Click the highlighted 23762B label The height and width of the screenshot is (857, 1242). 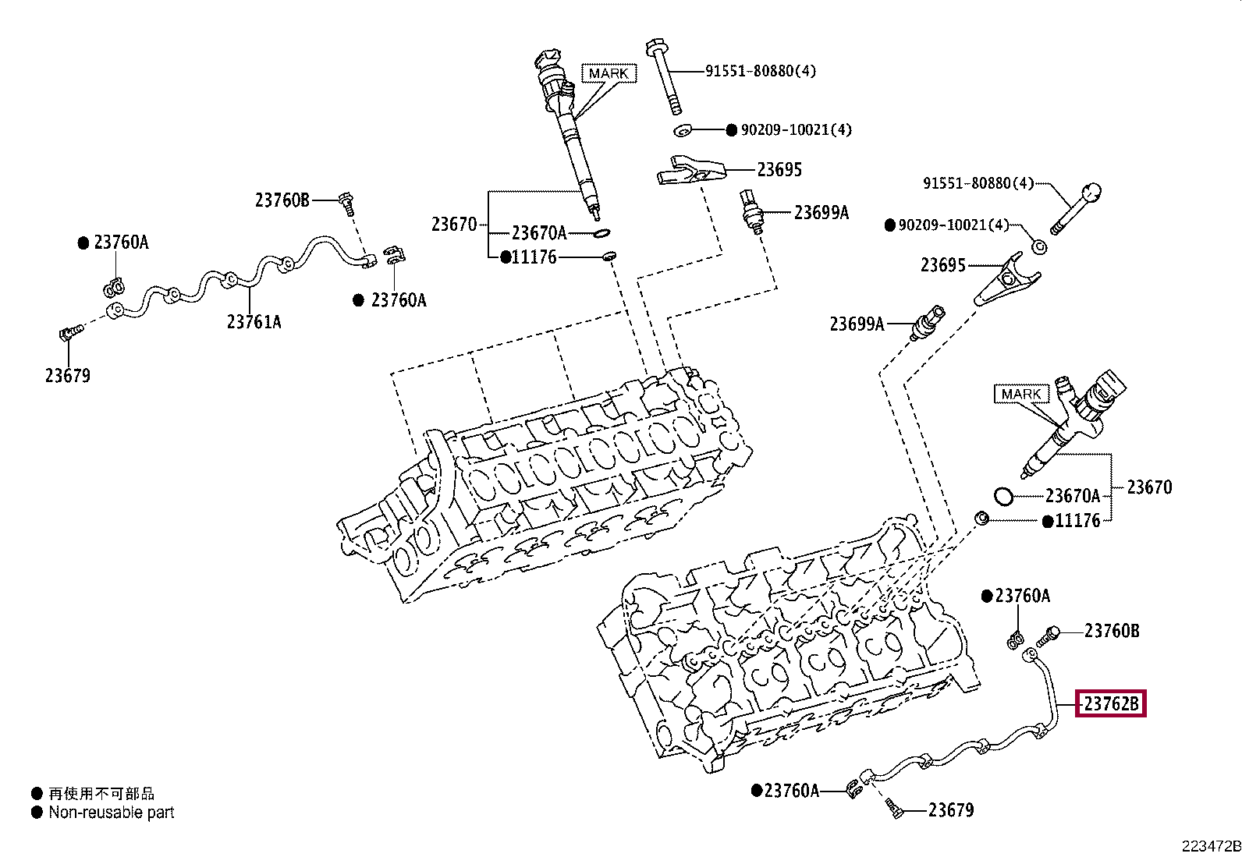coord(1112,705)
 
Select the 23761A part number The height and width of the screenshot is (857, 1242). coord(254,321)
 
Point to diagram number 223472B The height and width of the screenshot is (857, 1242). coord(1209,846)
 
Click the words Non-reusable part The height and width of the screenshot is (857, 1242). coord(112,813)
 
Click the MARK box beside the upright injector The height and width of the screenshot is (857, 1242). coord(609,73)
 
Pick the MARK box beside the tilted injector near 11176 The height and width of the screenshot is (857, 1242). coord(1021,394)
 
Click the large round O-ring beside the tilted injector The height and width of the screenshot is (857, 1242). coord(1003,495)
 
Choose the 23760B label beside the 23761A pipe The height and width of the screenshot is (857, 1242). coord(282,200)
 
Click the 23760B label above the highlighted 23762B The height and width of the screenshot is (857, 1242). coord(1112,630)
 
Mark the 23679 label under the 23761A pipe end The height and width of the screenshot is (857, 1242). coord(67,376)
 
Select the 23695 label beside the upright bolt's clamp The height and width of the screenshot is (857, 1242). coord(779,170)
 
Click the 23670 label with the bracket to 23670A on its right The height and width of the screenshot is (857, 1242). coord(453,225)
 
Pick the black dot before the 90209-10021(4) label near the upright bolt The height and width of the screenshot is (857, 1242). coord(731,129)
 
